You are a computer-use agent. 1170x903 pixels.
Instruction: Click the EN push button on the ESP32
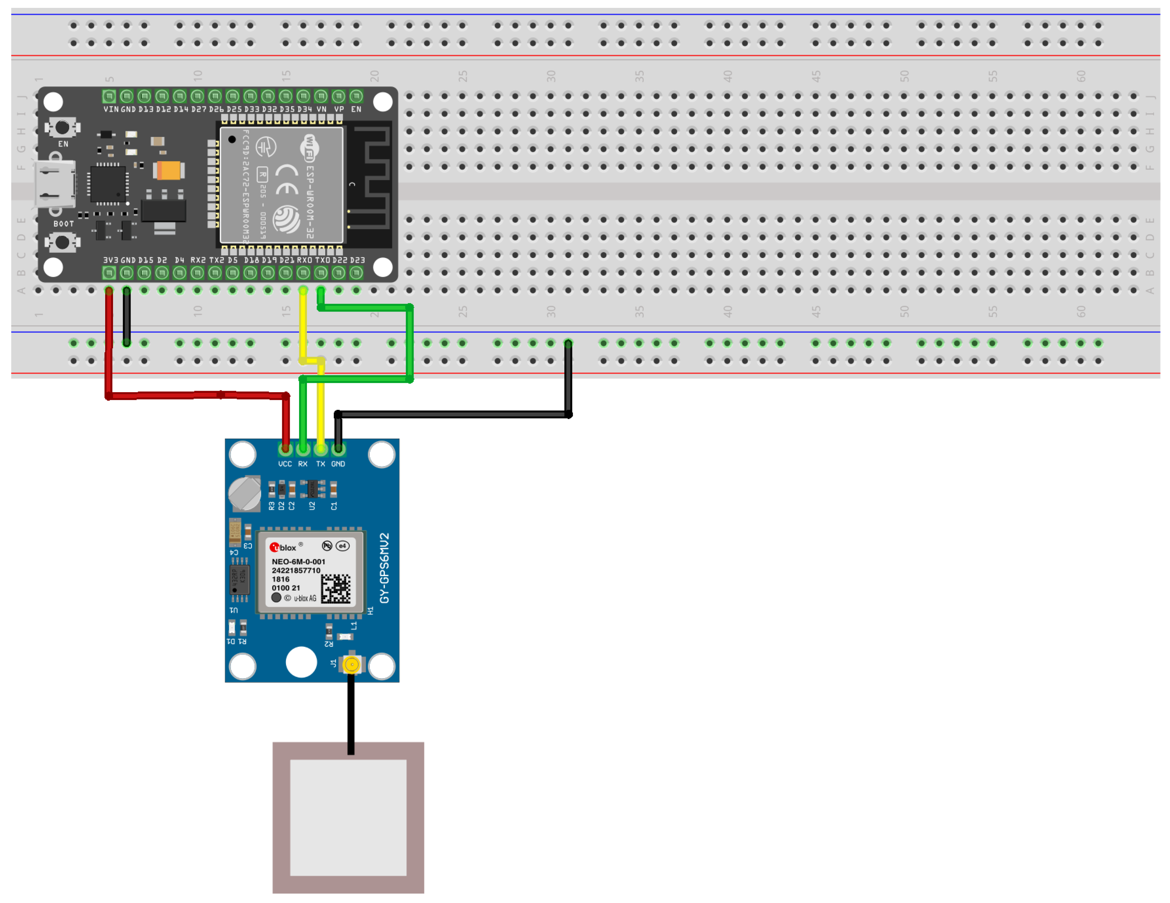click(62, 128)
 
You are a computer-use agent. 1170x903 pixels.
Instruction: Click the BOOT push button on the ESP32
click(62, 242)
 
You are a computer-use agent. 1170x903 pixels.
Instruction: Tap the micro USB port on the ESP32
click(54, 185)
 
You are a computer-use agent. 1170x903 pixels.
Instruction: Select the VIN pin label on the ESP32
click(111, 109)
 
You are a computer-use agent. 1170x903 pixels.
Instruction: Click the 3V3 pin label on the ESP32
click(110, 260)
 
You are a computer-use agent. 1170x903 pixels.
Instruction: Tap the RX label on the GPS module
click(303, 464)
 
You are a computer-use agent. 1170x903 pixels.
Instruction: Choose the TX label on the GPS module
click(320, 464)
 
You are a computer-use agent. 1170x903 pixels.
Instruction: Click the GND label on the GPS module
click(338, 464)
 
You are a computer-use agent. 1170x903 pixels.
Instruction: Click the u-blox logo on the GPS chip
click(283, 547)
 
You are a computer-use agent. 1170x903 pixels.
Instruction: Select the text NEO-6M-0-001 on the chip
click(298, 562)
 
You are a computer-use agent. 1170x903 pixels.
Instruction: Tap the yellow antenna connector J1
click(352, 665)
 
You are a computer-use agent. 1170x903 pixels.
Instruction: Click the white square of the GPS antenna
click(348, 817)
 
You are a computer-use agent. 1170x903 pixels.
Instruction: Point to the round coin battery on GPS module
click(244, 493)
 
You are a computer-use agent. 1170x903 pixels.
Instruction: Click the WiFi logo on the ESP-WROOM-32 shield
click(309, 148)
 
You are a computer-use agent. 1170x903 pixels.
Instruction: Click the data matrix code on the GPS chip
click(336, 588)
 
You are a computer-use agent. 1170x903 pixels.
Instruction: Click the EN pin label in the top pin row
click(356, 109)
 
